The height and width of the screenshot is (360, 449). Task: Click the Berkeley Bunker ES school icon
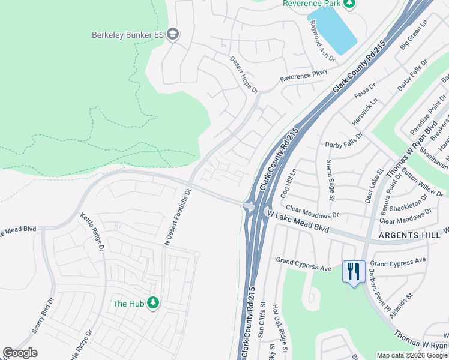click(173, 34)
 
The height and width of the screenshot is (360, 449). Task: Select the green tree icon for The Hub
click(154, 303)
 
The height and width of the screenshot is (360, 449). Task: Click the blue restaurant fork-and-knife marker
click(353, 271)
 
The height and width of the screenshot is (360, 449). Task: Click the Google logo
click(20, 353)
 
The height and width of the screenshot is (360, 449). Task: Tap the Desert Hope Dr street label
click(244, 75)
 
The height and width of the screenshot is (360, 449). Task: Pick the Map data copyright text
click(412, 355)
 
